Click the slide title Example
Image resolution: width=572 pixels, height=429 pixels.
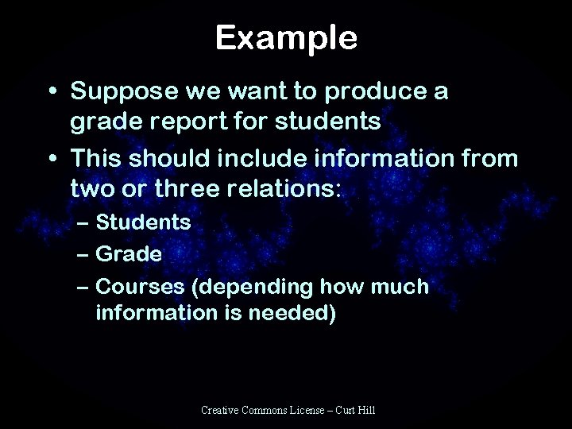click(286, 37)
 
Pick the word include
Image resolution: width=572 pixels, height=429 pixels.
click(251, 159)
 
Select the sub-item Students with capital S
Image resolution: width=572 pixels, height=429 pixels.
click(143, 222)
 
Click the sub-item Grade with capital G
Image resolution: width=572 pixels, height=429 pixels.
click(129, 253)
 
